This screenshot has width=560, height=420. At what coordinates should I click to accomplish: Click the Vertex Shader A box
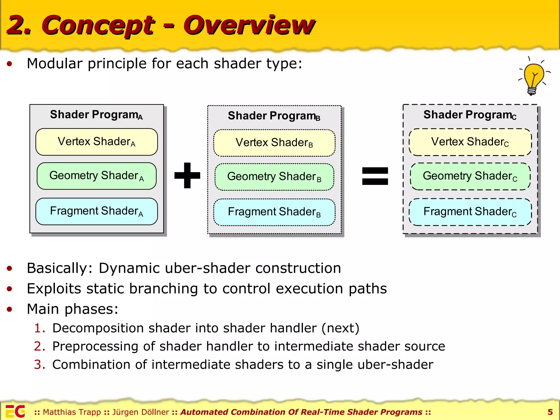(97, 142)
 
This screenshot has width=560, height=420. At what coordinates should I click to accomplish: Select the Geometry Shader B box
(274, 177)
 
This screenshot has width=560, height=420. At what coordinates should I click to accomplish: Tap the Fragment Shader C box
(470, 212)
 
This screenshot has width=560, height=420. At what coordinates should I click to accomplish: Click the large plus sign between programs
(187, 175)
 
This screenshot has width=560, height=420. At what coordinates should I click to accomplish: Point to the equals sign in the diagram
(375, 176)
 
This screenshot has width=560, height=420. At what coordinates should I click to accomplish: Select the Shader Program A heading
(96, 115)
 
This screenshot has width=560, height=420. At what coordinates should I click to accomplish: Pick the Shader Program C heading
(470, 115)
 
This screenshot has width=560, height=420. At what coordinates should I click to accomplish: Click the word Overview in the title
(249, 25)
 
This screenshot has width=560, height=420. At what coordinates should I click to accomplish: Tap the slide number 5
(550, 412)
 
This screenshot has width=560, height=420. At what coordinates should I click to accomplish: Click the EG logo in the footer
(15, 411)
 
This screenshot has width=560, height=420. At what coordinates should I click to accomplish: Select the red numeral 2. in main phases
(39, 346)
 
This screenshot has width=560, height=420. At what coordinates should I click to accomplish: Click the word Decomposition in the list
(98, 328)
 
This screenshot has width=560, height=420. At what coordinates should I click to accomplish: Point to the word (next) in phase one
(340, 328)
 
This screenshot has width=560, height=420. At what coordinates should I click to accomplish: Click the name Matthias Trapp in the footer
(72, 412)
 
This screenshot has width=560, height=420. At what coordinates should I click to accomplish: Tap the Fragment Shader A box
(97, 211)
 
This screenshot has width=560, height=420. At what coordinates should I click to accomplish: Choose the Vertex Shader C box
(470, 142)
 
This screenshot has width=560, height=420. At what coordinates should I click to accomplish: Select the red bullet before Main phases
(10, 309)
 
